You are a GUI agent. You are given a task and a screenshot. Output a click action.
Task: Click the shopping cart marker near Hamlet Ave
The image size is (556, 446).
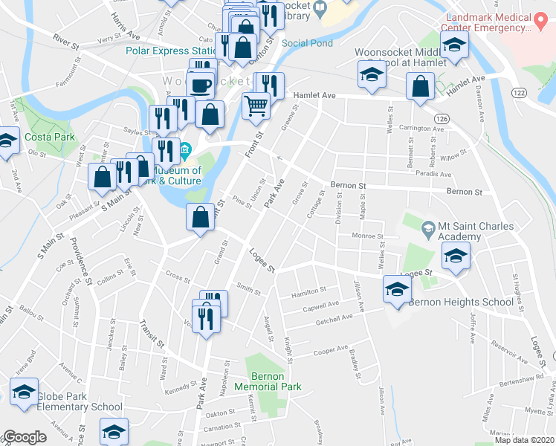(256, 106)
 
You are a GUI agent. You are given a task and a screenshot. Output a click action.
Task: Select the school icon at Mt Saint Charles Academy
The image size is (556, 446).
(455, 256)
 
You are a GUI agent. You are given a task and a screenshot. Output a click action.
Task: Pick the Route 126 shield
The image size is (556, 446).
(442, 119)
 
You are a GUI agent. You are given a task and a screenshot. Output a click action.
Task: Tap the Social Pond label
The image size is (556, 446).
(308, 43)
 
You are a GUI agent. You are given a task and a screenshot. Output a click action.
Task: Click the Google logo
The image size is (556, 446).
(25, 437)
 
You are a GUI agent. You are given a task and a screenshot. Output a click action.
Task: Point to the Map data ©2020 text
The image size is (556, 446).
(524, 439)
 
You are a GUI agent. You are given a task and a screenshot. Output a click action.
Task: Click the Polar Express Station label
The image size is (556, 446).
(170, 51)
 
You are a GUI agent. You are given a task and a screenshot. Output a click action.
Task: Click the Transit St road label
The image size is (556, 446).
(151, 334)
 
